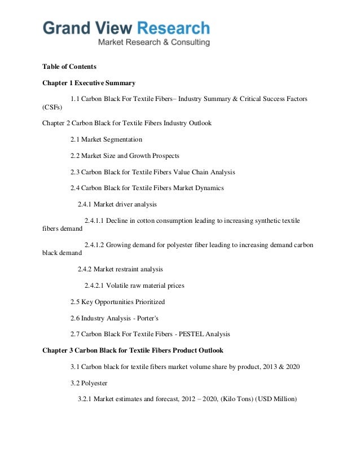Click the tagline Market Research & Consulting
[x=154, y=42]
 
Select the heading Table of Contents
[x=69, y=67]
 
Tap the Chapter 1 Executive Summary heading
[x=89, y=83]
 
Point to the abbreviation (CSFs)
[x=52, y=107]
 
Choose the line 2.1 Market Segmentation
[x=106, y=139]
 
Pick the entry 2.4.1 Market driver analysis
[x=117, y=204]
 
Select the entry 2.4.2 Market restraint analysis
[x=120, y=270]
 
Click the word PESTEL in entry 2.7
[x=188, y=334]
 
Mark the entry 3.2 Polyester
[x=90, y=383]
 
